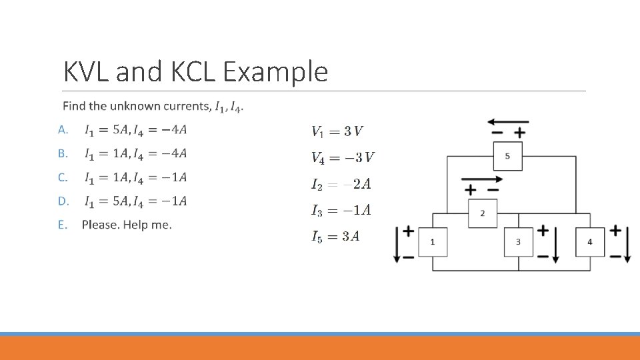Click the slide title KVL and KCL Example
[x=195, y=71]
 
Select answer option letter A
[x=63, y=129]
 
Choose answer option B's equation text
[x=135, y=154]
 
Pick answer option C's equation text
[x=135, y=177]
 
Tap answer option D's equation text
[x=135, y=201]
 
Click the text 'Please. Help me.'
[x=127, y=225]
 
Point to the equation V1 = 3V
[x=337, y=131]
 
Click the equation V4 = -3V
[x=343, y=157]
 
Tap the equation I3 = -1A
[x=341, y=211]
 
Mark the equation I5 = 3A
[x=335, y=237]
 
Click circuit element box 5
[x=507, y=156]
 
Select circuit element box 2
[x=483, y=213]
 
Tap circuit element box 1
[x=433, y=241]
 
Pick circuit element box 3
[x=518, y=241]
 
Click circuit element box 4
[x=589, y=241]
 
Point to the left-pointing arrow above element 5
[x=507, y=123]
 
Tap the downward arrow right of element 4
[x=627, y=244]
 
